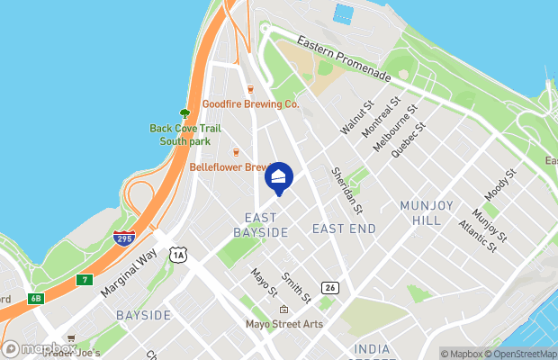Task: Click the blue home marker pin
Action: tap(279, 177)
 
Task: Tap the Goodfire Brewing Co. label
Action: tap(250, 104)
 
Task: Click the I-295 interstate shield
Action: tap(125, 238)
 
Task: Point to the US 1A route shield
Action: tap(179, 256)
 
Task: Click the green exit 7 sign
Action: tap(85, 279)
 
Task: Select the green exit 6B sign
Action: tap(36, 298)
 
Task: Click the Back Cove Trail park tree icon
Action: tap(184, 113)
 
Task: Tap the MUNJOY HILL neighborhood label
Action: tap(420, 212)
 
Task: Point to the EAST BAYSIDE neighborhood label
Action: tap(261, 225)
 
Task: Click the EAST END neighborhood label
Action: tap(344, 229)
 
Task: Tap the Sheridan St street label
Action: tap(346, 190)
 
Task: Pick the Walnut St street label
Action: tap(356, 119)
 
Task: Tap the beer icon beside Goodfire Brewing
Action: tap(250, 88)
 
